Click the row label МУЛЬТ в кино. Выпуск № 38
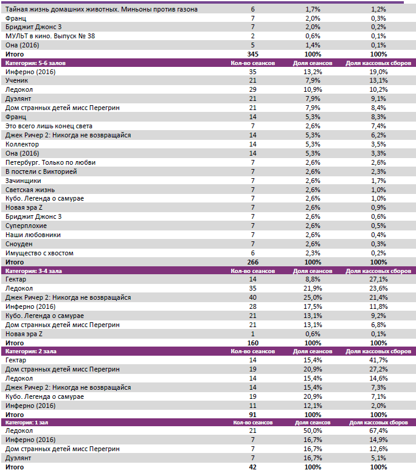tap(42, 36)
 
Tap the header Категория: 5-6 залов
tap(36, 63)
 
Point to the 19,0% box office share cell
tap(378, 72)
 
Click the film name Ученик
tap(16, 81)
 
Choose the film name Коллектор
tap(22, 144)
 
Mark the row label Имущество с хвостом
tap(40, 253)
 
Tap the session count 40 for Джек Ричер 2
tap(252, 297)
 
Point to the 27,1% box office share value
tap(378, 280)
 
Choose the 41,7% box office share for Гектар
tap(378, 361)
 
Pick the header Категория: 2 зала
tap(32, 351)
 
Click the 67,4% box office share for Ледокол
tap(378, 430)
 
